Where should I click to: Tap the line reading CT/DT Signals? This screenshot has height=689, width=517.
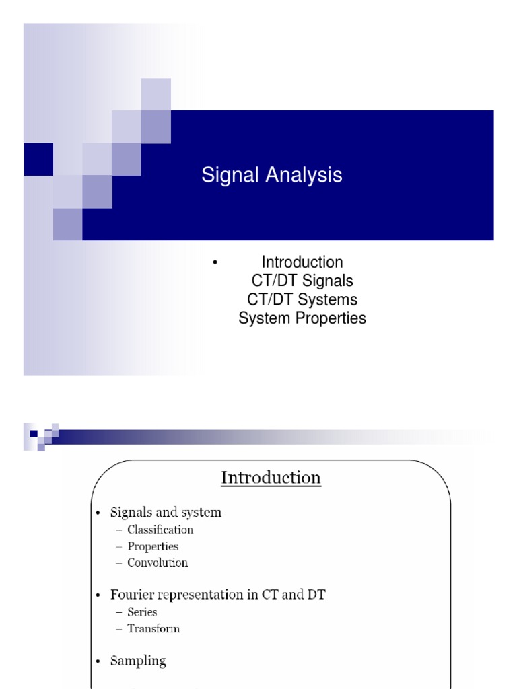(302, 281)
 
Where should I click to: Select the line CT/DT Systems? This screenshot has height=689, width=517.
(302, 299)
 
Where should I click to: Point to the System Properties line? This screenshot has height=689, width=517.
(302, 318)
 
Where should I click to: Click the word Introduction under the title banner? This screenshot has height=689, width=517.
(302, 262)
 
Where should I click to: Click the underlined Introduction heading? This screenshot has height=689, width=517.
(271, 478)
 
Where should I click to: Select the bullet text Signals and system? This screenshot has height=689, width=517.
(166, 513)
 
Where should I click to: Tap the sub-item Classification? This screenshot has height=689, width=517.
(160, 530)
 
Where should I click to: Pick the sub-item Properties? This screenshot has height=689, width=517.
(153, 546)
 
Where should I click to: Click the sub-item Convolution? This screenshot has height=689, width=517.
(158, 563)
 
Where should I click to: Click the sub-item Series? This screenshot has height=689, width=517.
(142, 612)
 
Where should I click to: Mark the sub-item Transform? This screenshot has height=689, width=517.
(153, 628)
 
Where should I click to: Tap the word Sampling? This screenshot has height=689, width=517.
(138, 661)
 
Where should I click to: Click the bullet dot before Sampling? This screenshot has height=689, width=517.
(98, 662)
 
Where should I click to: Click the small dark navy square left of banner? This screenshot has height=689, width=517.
(38, 159)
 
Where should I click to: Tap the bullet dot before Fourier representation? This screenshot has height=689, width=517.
(98, 595)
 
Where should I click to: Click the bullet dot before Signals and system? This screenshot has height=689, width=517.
(98, 513)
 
